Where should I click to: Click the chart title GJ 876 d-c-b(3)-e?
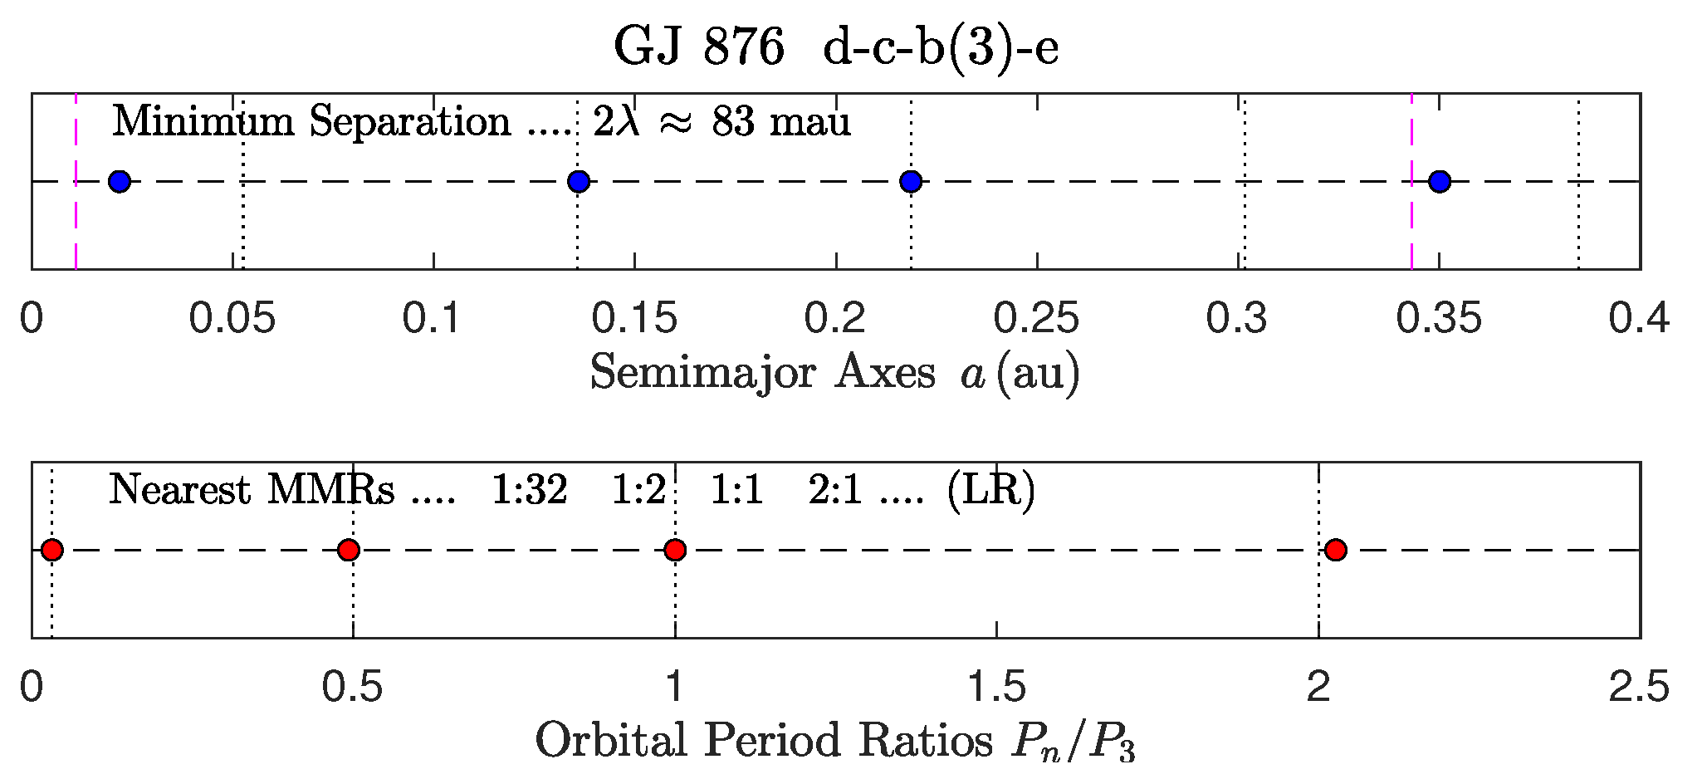(836, 47)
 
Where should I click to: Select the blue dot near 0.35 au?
(1440, 181)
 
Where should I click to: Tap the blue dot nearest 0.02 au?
(120, 181)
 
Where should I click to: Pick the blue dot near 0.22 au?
(911, 181)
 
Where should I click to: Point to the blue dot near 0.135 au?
(579, 181)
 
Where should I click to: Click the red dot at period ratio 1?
(675, 550)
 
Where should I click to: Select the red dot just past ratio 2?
(1336, 550)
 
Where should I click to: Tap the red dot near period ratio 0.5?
(349, 550)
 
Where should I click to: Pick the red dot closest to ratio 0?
(52, 550)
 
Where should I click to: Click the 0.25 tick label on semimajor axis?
(1037, 319)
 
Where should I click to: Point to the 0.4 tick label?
(1639, 319)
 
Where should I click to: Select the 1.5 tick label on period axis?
(996, 688)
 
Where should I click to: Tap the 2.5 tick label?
(1639, 688)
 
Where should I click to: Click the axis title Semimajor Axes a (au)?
(835, 372)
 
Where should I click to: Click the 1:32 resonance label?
(530, 490)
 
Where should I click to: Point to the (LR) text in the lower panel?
(991, 490)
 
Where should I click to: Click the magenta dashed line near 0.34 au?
(1411, 224)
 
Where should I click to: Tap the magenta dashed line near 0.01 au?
(76, 224)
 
